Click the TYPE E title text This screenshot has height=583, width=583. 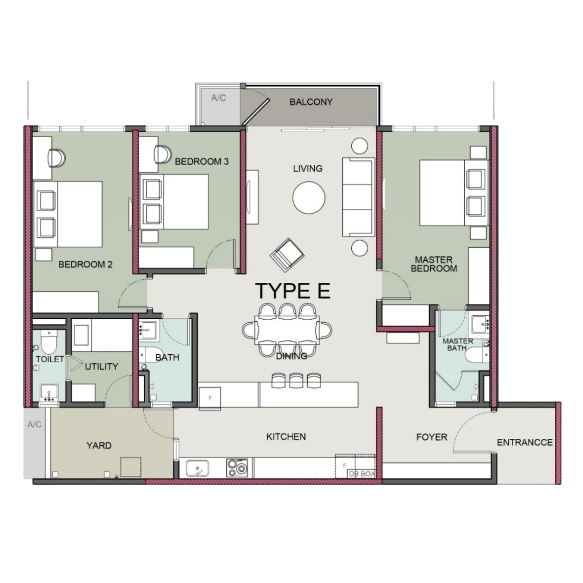292,291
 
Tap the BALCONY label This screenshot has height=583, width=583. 311,102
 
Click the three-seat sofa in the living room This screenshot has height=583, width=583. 357,198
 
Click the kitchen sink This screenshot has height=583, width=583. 198,467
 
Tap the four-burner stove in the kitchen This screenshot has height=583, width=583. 238,467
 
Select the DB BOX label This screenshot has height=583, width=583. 361,474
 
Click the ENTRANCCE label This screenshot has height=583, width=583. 524,443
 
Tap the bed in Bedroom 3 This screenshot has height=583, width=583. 174,202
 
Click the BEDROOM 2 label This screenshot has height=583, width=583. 85,265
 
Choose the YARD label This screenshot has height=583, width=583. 99,446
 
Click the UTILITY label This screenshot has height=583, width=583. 101,367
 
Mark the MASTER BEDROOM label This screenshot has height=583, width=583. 433,265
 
